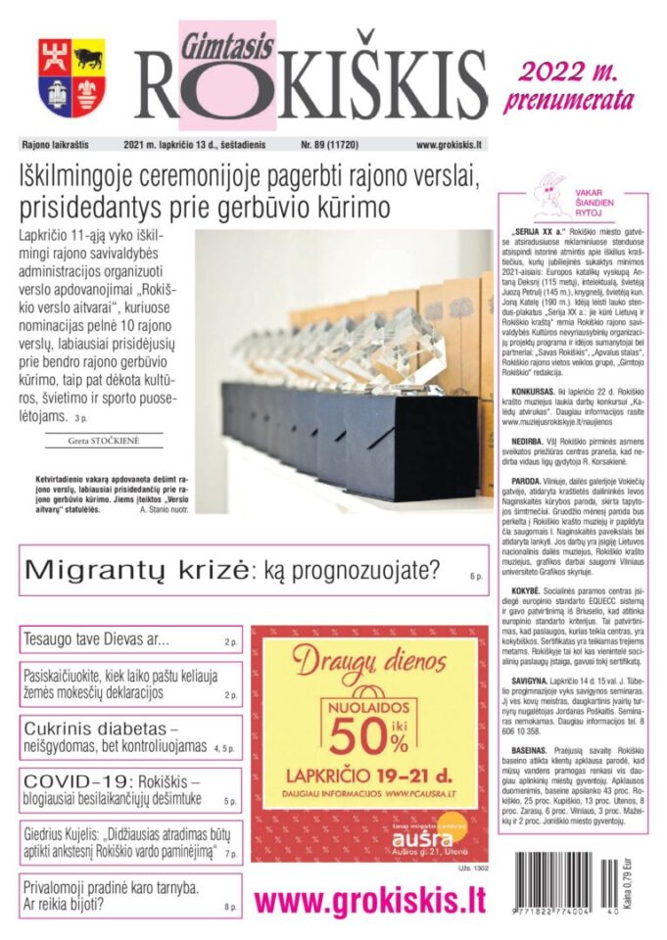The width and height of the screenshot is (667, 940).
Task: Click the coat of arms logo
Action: pyautogui.click(x=72, y=77)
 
